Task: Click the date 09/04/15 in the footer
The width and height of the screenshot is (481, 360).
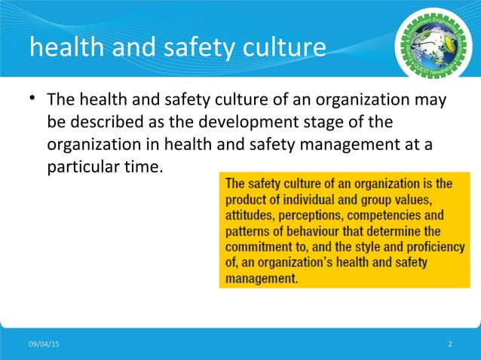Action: tap(46, 344)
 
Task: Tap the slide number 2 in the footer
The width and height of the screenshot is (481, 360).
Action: tap(450, 344)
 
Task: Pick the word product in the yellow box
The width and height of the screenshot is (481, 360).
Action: tap(250, 199)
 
